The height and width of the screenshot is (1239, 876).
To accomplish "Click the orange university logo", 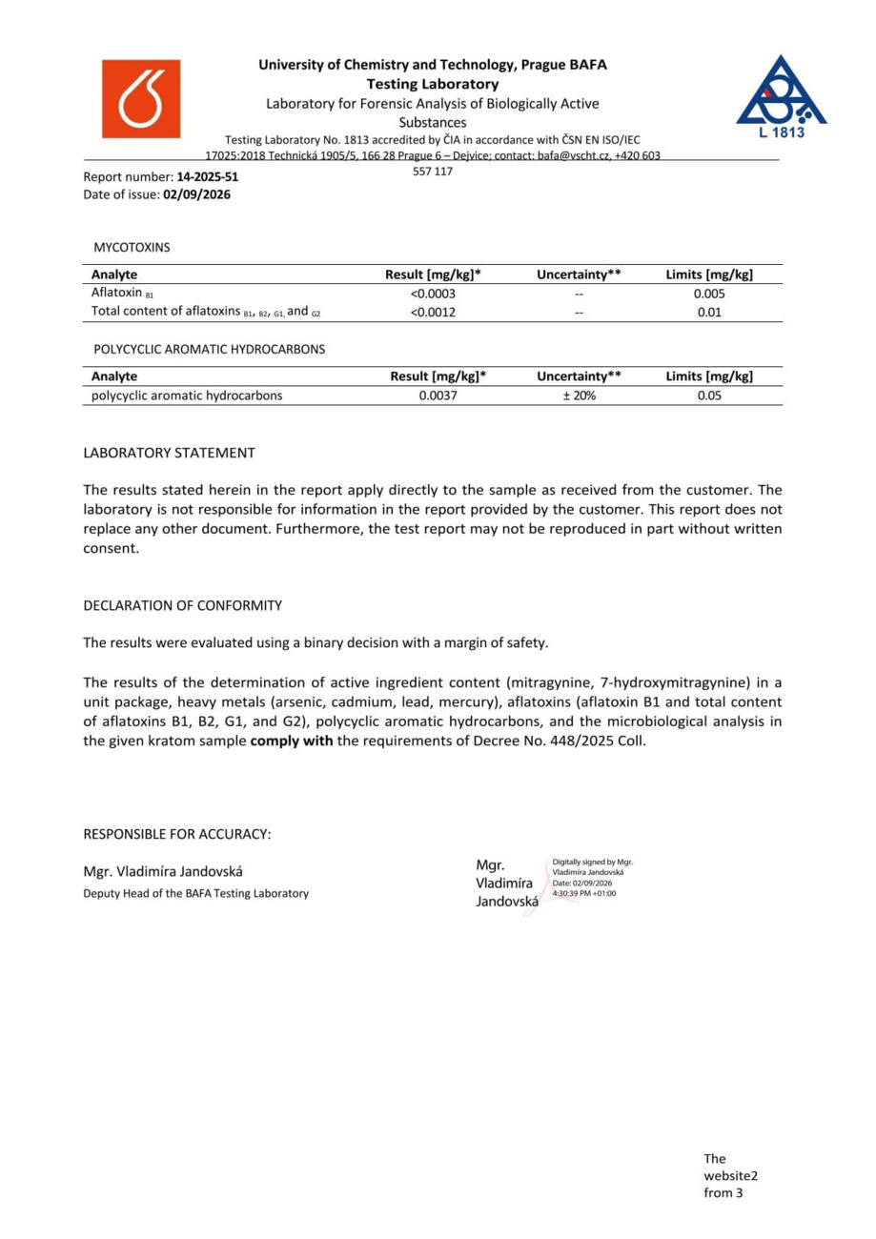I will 141,99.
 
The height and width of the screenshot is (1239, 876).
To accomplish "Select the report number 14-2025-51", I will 207,177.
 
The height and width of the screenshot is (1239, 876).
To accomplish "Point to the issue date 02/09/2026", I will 196,194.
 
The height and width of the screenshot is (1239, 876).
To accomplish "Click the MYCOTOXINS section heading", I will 132,248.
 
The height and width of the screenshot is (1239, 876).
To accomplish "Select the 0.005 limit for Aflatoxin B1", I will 709,294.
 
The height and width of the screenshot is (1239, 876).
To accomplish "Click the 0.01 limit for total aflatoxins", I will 709,312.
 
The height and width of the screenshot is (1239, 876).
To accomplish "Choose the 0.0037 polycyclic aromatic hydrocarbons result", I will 438,396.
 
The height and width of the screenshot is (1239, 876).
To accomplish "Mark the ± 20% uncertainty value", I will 579,396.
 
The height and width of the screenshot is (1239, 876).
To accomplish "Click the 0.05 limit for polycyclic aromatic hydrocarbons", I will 709,396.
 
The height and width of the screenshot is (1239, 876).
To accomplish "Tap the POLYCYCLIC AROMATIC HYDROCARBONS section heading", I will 209,350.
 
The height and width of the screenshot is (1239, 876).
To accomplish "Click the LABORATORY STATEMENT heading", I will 169,453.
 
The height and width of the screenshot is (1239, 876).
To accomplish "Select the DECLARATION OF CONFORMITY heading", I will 182,605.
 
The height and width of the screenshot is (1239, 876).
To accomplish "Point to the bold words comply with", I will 291,741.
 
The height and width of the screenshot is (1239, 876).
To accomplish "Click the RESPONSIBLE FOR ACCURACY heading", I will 177,834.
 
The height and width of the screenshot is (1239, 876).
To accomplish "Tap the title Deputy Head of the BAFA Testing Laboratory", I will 195,893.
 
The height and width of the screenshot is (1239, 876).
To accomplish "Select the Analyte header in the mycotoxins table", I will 114,274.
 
